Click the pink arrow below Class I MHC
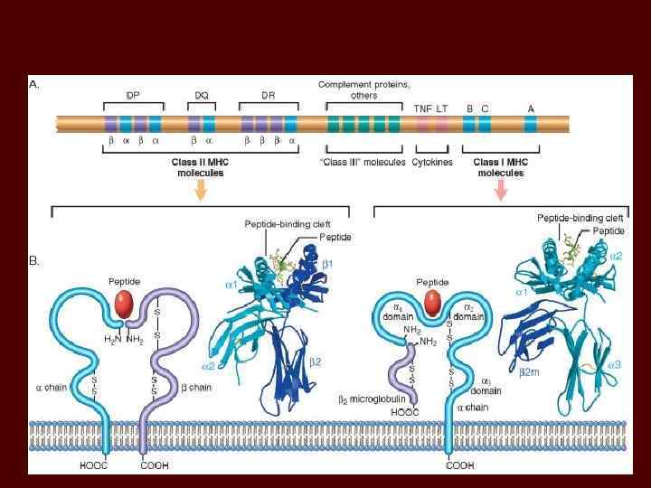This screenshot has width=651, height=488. tap(500, 188)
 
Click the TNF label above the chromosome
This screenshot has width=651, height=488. tap(422, 108)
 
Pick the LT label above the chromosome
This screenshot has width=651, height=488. tap(442, 108)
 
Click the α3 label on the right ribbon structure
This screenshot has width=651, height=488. tap(613, 365)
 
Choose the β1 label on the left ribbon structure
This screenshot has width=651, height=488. tap(328, 263)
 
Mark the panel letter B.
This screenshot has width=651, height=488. tap(34, 261)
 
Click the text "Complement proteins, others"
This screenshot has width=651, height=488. tap(363, 89)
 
